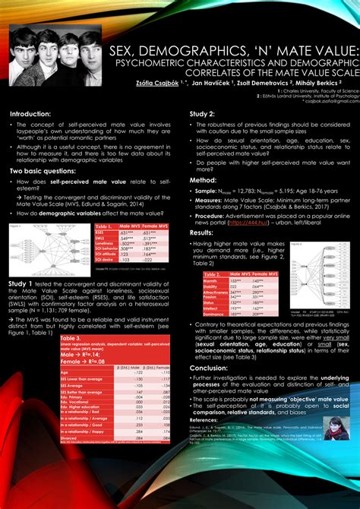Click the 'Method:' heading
click(204, 180)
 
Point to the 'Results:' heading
click(204, 232)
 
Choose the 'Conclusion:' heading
click(208, 367)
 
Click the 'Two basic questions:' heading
click(48, 171)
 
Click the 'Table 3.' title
click(72, 339)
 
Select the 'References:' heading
click(204, 419)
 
